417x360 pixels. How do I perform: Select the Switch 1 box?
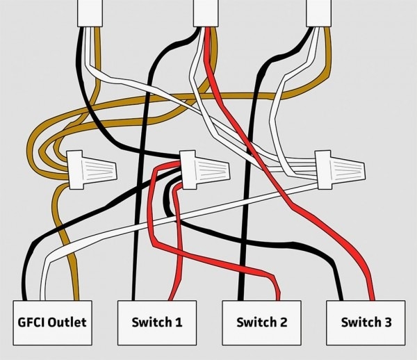[x=157, y=322]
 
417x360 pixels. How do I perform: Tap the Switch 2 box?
[x=261, y=322]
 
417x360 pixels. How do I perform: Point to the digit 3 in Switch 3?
[x=387, y=322]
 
